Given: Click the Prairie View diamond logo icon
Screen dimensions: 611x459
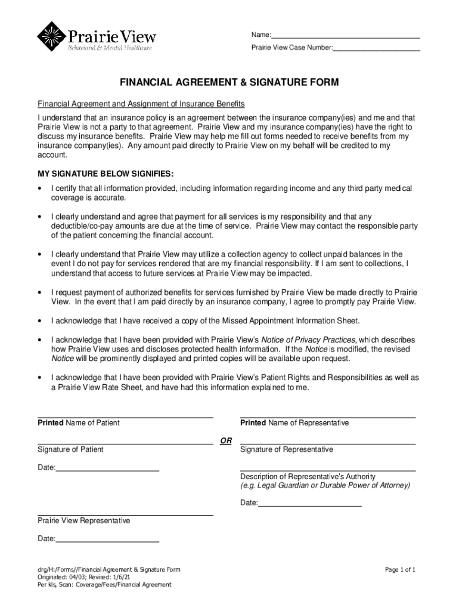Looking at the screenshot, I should coord(51,36).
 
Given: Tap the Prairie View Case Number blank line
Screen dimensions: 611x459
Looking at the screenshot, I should coord(377,50).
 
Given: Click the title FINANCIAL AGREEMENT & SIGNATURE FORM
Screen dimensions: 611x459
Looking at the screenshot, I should coord(229,83).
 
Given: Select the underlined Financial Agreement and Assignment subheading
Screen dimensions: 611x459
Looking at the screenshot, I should coord(138,104).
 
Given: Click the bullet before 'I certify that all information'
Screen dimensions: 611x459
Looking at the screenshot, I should coord(40,189).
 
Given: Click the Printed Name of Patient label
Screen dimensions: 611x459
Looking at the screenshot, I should coord(79,423).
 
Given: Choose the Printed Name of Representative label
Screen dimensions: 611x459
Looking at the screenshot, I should coord(294,423).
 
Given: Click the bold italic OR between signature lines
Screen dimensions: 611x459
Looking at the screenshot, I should coord(226,441).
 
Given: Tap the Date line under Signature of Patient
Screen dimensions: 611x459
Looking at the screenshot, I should coord(107,471).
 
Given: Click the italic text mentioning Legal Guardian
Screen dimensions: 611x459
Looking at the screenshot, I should coord(325,486).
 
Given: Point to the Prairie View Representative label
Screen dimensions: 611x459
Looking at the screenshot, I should coord(83,521).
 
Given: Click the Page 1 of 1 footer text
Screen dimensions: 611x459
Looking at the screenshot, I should coord(400,570).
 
